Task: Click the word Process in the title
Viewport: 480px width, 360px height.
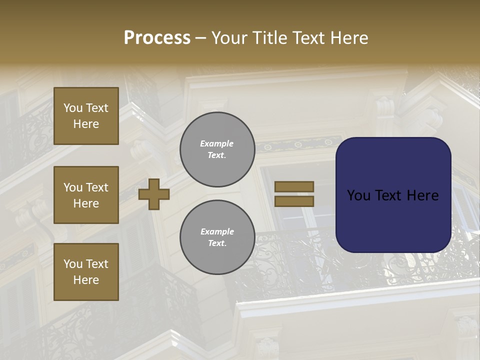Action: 157,38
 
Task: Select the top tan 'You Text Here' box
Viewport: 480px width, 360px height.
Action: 86,116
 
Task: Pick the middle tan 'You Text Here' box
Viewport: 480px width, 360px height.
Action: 86,195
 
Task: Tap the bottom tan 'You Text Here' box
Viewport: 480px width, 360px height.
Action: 86,271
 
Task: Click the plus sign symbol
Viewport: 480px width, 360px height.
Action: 154,193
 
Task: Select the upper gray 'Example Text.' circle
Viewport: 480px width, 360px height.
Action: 217,149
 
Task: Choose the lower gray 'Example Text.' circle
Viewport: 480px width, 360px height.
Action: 217,237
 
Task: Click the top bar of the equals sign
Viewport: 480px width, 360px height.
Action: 294,186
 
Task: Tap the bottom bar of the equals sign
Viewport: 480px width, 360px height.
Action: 294,201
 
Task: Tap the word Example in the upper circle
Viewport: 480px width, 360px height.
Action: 216,143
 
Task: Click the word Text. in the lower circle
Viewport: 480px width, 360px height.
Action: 217,243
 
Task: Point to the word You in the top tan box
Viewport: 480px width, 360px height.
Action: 73,108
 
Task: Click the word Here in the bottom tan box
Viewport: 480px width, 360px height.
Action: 86,280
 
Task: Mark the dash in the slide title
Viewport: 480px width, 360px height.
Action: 200,38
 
